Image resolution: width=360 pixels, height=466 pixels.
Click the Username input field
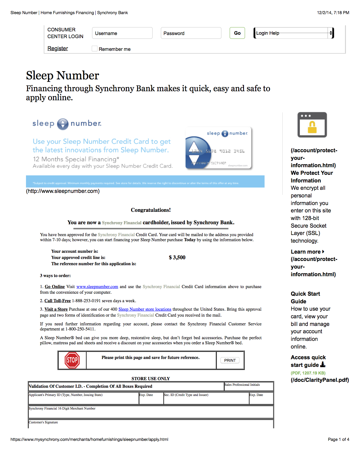tap(122, 33)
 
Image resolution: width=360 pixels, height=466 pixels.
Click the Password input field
tap(191, 33)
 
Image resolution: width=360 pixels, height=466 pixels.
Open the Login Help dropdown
tap(294, 33)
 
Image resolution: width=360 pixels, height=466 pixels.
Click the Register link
tap(58, 48)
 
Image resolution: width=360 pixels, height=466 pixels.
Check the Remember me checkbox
tap(95, 49)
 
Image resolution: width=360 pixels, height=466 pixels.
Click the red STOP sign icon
tap(72, 360)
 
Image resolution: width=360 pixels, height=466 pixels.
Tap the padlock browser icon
tap(312, 125)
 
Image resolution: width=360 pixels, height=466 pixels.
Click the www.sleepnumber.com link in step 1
tap(97, 287)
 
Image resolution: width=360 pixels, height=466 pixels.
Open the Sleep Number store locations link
tap(145, 309)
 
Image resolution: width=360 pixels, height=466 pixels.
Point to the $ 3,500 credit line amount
tap(177, 257)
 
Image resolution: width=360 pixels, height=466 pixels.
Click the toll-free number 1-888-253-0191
tap(86, 301)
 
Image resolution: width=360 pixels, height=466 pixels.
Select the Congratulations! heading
tap(151, 210)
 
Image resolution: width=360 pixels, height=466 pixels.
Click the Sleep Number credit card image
tap(218, 148)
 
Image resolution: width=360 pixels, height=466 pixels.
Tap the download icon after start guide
tap(323, 365)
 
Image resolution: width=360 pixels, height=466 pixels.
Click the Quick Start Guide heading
tap(305, 297)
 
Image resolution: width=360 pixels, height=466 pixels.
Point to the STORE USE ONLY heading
tap(151, 378)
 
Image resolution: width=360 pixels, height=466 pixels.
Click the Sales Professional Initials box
tap(249, 386)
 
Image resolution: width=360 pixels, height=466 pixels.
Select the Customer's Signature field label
tap(43, 422)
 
